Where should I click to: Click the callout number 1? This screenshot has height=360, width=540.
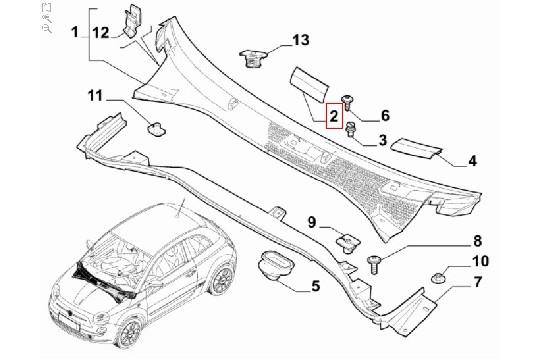tap(74, 34)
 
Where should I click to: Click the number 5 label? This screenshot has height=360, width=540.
tap(315, 287)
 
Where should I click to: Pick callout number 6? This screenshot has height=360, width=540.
tap(384, 115)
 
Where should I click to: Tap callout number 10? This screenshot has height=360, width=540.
tap(479, 261)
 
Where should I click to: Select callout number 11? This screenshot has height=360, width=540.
tap(95, 96)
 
